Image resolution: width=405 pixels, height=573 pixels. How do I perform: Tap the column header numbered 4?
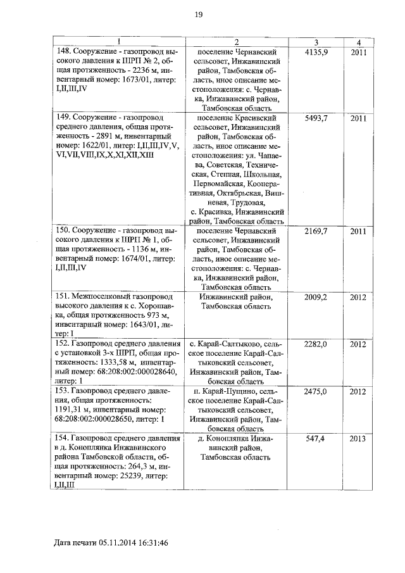click(358, 42)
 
